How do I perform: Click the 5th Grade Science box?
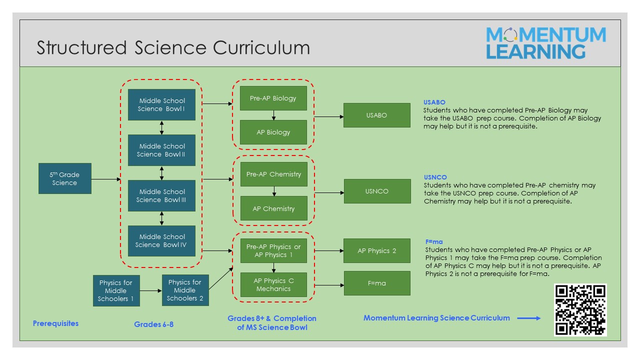pos(65,178)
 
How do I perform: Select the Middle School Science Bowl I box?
pos(161,104)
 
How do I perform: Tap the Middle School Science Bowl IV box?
pos(161,241)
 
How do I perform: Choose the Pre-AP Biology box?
pos(273,98)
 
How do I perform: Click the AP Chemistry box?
pos(273,208)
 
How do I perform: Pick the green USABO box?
pos(377,115)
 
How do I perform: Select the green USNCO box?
pos(377,191)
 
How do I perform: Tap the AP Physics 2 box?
pos(377,250)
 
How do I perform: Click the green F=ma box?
pos(377,283)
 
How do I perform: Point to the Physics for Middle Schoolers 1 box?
pos(116,290)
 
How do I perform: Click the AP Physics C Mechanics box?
pos(273,284)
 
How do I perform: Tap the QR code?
pos(580,309)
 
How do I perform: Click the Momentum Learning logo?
pos(546,43)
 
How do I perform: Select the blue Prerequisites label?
pos(55,323)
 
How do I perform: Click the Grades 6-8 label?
pos(153,324)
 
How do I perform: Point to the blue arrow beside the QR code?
pos(529,318)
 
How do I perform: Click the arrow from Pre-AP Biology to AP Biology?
pos(273,115)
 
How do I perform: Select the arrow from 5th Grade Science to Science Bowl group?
pos(106,179)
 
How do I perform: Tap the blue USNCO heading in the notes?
pos(435,177)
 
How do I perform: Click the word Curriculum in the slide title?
pos(261,47)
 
